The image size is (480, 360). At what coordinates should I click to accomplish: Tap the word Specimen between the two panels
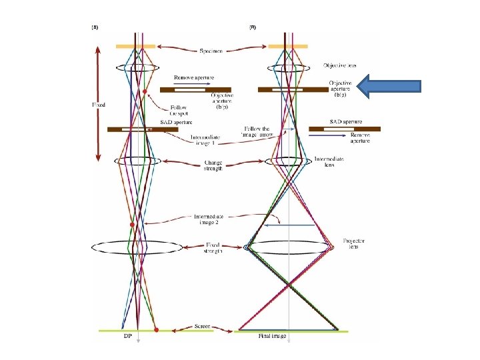[x=211, y=50]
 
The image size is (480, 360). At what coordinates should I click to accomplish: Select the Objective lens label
[x=339, y=65]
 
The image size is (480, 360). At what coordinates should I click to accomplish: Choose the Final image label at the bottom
[x=272, y=336]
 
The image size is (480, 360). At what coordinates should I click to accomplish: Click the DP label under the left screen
[x=127, y=336]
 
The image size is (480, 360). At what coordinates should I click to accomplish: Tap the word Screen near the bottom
[x=201, y=326]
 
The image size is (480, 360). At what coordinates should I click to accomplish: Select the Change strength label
[x=213, y=166]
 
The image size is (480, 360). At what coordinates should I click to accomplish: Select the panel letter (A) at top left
[x=95, y=27]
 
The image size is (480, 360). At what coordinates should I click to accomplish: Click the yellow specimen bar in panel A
[x=135, y=46]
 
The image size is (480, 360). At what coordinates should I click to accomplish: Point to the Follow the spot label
[x=179, y=109]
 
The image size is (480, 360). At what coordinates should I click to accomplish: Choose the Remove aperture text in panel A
[x=194, y=77]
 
